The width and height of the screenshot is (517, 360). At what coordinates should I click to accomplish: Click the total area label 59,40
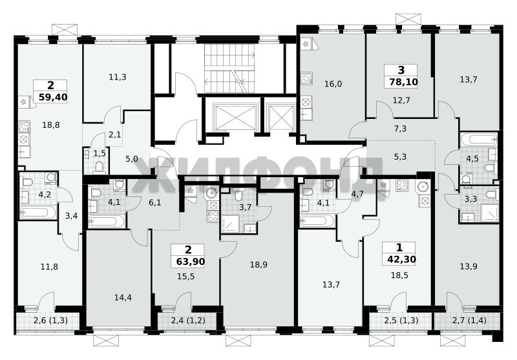point(53,97)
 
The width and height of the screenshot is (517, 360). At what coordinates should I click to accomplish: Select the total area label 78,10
point(403,81)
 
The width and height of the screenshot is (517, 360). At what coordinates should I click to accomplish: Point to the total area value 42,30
point(401,259)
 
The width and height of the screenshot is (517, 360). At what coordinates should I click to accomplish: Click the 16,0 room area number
point(333,84)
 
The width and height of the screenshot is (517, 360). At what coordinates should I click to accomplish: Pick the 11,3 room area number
point(118,77)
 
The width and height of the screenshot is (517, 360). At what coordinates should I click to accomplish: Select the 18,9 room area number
point(258,265)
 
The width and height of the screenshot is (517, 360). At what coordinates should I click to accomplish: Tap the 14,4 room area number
point(123,298)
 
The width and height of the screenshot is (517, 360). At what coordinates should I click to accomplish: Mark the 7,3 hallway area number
point(400,129)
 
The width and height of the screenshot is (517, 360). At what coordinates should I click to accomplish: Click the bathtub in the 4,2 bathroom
point(37,212)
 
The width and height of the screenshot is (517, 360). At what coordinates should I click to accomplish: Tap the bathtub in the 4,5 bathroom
point(479,139)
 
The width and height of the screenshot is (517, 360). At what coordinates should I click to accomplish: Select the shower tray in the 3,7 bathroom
point(231,224)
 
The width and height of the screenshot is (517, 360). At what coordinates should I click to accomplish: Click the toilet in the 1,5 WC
point(99,167)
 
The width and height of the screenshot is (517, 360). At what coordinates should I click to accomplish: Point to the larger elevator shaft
point(235,117)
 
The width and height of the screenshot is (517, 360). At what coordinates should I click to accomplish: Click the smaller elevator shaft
point(281,117)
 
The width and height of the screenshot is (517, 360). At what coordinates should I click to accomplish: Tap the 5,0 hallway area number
point(132,159)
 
